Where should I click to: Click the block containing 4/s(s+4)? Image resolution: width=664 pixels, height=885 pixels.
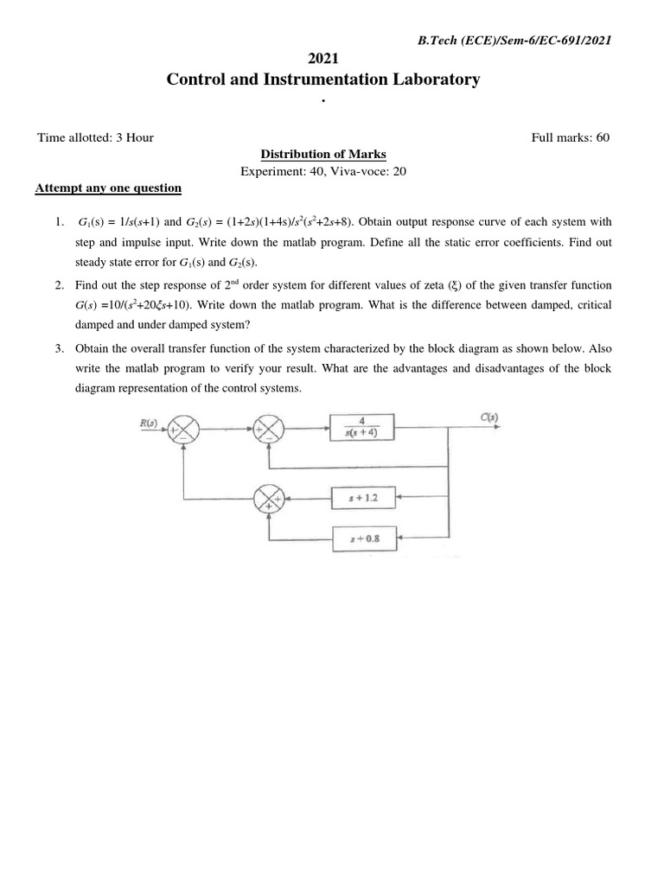(x=361, y=427)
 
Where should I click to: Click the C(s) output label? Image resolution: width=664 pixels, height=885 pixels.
(x=488, y=418)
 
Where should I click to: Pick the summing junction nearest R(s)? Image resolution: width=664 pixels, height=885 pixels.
(x=183, y=427)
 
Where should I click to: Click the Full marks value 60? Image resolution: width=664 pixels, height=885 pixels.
(x=603, y=137)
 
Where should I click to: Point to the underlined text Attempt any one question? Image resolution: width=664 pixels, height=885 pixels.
(x=107, y=188)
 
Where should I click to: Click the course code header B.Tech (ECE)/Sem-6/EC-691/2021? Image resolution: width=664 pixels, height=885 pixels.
(x=515, y=41)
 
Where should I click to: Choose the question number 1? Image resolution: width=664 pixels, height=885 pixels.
(x=58, y=222)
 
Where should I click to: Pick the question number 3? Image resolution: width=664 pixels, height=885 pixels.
(x=58, y=348)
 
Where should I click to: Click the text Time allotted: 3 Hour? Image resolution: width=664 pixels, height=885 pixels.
(x=96, y=137)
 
